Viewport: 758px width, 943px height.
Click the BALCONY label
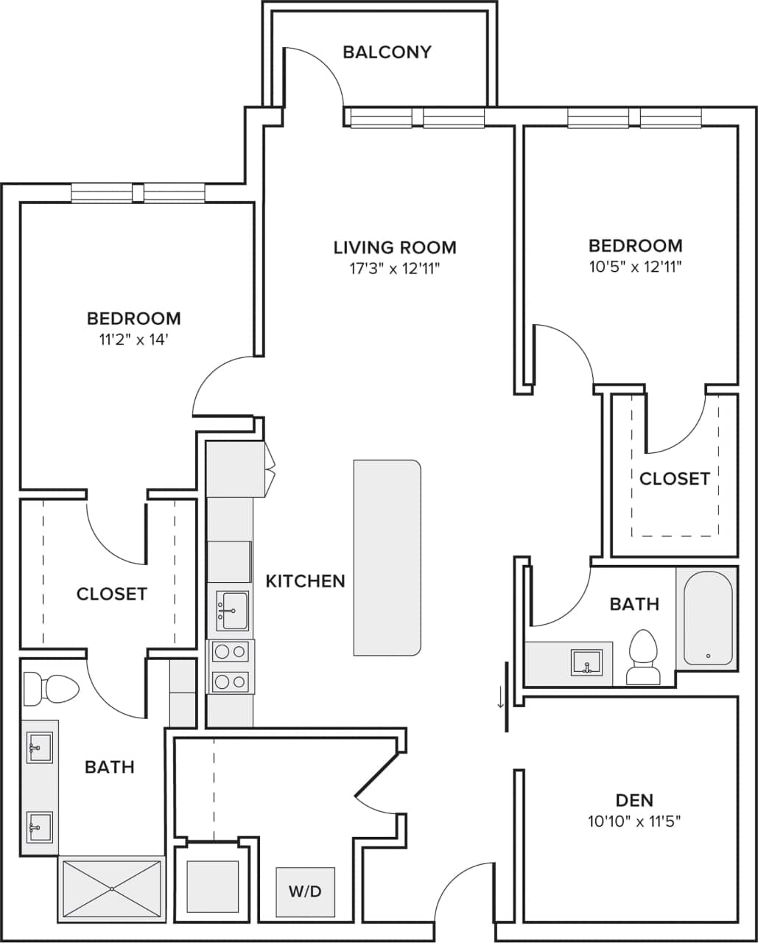point(387,52)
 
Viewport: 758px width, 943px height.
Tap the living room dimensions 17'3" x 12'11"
point(395,269)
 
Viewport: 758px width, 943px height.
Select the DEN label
point(634,800)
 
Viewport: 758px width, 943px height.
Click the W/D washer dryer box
point(305,891)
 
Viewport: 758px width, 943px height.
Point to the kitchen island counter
point(387,558)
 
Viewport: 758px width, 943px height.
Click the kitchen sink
point(232,611)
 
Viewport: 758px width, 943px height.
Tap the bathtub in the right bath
point(708,619)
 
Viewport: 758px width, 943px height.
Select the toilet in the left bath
point(50,689)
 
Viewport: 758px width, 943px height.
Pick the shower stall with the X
point(111,888)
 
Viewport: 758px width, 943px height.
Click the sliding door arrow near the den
point(501,697)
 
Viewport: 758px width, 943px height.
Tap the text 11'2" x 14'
point(133,340)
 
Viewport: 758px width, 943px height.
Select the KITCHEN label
point(305,581)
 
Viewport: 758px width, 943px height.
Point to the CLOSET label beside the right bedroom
point(674,479)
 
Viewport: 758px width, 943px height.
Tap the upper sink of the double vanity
point(39,747)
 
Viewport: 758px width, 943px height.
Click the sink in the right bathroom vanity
point(586,662)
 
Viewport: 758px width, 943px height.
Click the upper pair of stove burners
point(231,652)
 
